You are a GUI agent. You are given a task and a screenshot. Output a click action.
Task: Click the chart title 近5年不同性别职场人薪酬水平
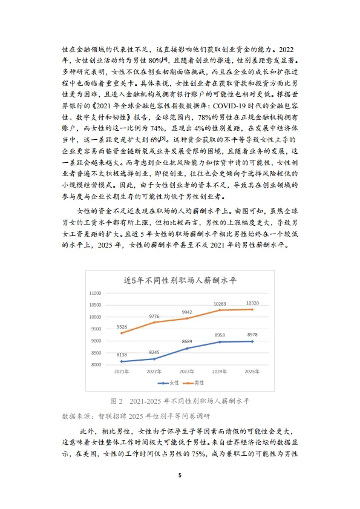click(180, 280)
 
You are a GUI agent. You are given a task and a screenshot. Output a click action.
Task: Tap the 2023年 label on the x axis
click(186, 371)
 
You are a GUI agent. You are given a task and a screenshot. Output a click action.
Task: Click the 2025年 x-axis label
click(252, 371)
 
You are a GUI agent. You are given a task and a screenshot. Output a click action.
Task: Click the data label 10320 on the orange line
click(252, 303)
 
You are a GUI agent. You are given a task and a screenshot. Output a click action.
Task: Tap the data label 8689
click(186, 341)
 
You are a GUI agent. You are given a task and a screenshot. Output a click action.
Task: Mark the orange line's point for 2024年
click(219, 310)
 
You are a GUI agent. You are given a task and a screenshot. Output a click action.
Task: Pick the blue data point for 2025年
click(252, 341)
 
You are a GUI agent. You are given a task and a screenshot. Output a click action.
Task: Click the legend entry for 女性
click(169, 383)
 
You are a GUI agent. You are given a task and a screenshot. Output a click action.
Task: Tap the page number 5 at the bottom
click(180, 475)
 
